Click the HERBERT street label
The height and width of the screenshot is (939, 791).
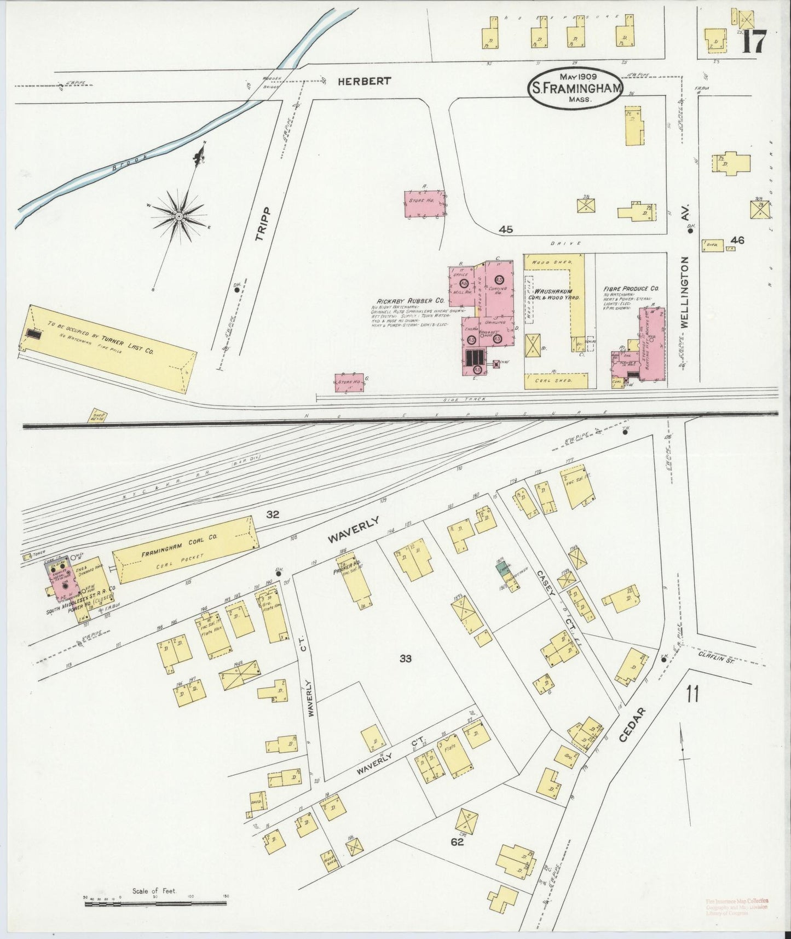click(x=364, y=81)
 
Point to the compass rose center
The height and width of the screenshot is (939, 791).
click(x=178, y=217)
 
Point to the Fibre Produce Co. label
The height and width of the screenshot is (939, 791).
click(x=631, y=289)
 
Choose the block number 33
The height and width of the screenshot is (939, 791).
click(x=405, y=659)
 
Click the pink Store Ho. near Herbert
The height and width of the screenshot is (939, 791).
click(x=425, y=203)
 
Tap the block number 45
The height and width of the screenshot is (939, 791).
click(x=506, y=230)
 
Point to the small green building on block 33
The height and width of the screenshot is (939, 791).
click(x=500, y=568)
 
